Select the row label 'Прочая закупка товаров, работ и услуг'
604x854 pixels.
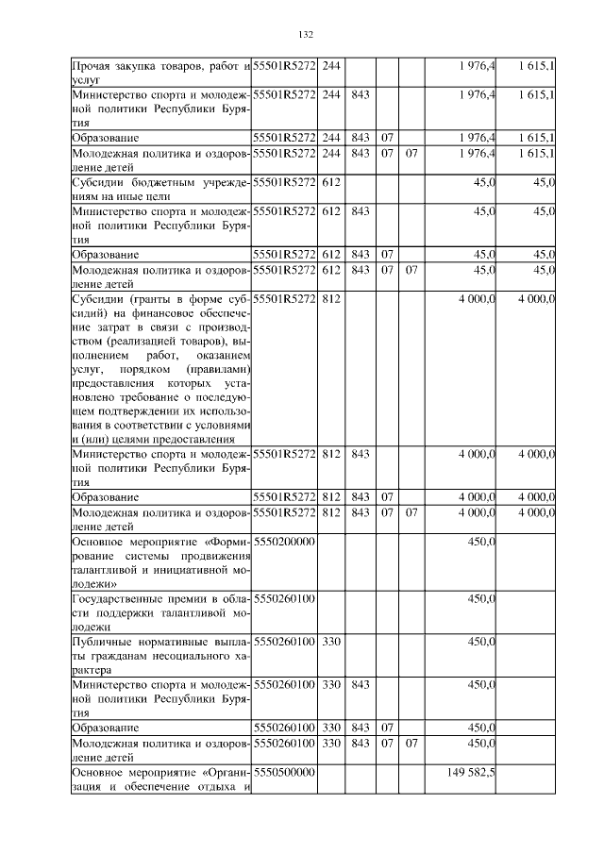159,73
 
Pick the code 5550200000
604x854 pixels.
284,543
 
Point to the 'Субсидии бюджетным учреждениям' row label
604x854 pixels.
159,189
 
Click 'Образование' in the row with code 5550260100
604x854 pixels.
106,728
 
